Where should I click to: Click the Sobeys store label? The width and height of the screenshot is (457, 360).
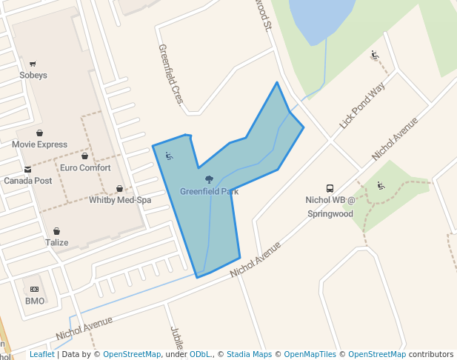(33, 75)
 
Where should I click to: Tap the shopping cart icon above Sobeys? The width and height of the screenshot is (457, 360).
(33, 64)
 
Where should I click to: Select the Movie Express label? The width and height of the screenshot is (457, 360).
(40, 144)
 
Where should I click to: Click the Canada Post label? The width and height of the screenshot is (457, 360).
(27, 181)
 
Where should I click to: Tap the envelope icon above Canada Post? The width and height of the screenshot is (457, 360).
(27, 170)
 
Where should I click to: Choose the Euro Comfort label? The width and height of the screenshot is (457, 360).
(85, 168)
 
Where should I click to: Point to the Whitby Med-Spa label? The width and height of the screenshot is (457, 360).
(120, 201)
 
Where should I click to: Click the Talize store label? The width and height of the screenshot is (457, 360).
(56, 243)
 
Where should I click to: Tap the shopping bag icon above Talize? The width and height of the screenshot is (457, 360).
(56, 232)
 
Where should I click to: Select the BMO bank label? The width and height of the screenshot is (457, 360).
(35, 301)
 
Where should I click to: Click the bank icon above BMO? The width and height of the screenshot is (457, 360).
(34, 290)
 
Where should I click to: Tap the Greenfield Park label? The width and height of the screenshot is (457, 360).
(209, 191)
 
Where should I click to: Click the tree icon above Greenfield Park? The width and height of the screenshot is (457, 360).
(209, 180)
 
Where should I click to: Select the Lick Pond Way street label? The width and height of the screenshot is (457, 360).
(363, 106)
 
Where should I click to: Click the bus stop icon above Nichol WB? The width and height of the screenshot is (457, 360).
(330, 188)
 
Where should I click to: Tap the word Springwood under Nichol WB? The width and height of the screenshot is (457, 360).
(330, 214)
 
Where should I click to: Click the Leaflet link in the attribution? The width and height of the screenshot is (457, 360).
(41, 355)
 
